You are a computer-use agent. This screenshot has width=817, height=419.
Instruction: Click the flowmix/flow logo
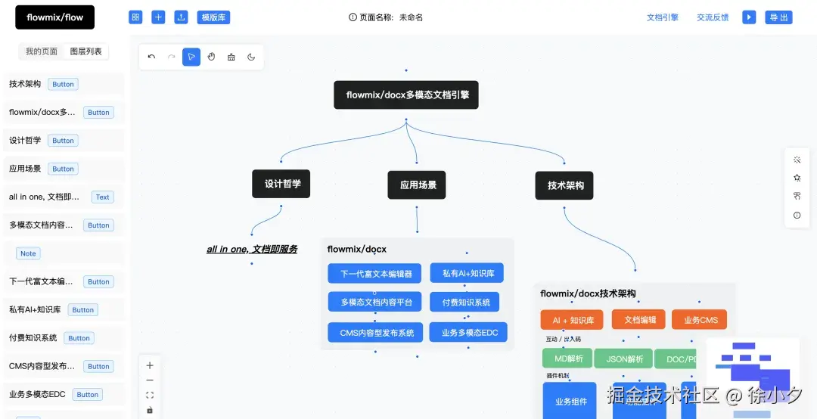(x=54, y=17)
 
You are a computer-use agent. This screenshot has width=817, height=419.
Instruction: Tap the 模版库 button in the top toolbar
(x=213, y=17)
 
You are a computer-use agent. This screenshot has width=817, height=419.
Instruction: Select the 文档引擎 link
(x=662, y=17)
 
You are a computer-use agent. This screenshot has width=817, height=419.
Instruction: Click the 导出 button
(x=778, y=17)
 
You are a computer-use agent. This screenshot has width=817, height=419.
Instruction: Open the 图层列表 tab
(x=86, y=51)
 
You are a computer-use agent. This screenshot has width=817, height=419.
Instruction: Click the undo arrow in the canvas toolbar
(x=151, y=57)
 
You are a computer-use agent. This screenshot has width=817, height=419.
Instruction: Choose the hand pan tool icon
(x=211, y=57)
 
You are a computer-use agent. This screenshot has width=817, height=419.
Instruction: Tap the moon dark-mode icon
(x=251, y=57)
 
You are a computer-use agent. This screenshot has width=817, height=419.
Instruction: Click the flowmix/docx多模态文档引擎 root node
(x=406, y=95)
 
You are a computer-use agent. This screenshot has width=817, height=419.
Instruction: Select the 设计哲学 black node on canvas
(x=281, y=184)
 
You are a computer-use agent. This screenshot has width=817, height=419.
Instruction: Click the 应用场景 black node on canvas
(x=418, y=185)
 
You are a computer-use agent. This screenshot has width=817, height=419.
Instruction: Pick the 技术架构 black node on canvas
(x=564, y=185)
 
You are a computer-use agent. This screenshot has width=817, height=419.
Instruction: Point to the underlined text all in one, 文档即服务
(x=252, y=249)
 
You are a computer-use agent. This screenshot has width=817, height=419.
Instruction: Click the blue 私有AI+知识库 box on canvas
(x=467, y=273)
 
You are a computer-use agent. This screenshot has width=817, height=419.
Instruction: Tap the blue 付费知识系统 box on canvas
(x=465, y=302)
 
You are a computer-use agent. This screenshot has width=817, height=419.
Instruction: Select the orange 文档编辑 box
(x=638, y=320)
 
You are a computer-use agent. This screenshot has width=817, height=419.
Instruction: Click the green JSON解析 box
(x=624, y=358)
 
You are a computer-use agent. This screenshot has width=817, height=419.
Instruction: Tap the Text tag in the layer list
(x=102, y=197)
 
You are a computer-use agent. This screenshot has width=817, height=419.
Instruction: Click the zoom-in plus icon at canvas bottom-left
(x=150, y=365)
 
